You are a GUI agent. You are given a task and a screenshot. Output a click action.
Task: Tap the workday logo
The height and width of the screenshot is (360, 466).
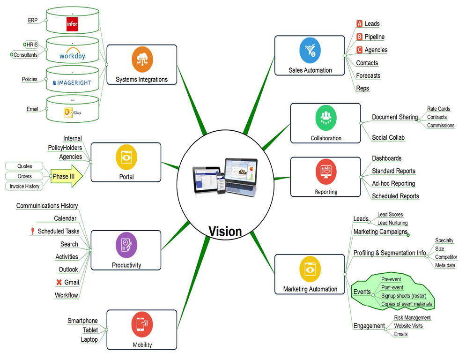[x=72, y=55]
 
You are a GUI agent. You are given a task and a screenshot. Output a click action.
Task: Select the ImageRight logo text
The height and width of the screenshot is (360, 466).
[x=72, y=82]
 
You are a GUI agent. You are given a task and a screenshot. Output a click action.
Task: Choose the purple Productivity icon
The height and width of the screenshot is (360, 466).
[x=126, y=245]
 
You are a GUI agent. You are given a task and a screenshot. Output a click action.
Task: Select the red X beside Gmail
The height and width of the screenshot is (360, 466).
[x=59, y=282]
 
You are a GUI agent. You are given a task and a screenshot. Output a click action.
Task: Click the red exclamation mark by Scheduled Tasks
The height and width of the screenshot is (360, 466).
[x=32, y=231]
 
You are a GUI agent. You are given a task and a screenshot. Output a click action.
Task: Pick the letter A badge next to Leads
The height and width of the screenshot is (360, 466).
[x=359, y=23]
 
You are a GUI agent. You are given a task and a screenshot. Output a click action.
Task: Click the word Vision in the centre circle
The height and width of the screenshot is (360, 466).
[x=225, y=231]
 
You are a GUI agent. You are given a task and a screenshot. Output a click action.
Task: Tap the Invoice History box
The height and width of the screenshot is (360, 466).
[x=25, y=187]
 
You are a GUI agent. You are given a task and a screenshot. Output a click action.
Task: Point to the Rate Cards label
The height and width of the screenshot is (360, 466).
[x=438, y=109]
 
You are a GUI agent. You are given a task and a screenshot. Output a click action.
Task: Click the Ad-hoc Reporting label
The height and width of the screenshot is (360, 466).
[x=393, y=183]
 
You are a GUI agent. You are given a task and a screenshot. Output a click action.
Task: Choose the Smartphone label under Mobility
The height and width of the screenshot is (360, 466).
[x=82, y=321]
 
